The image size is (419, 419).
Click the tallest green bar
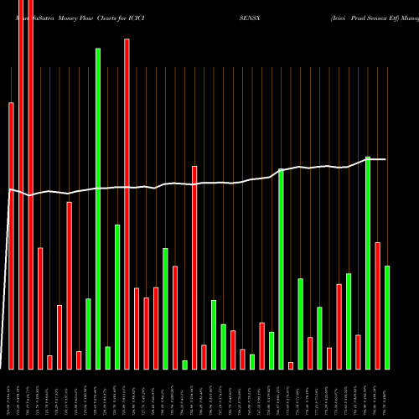[98, 209]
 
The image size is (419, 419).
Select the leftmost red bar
[11, 235]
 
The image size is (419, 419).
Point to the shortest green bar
[185, 365]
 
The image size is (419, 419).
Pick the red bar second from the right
[378, 305]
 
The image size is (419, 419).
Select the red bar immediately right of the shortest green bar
[194, 267]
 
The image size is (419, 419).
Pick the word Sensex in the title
[386, 17]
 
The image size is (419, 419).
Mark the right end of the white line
[386, 159]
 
